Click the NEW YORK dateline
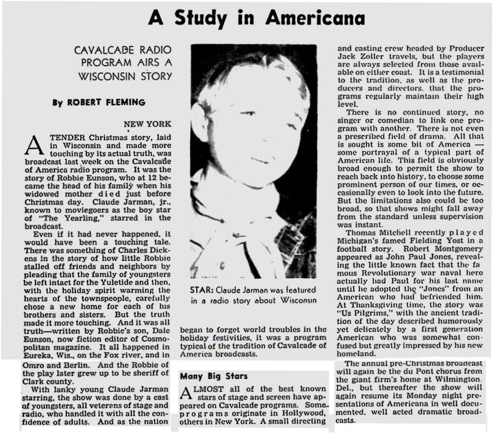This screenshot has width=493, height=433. (x=147, y=124)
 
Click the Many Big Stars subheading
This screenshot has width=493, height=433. (x=214, y=376)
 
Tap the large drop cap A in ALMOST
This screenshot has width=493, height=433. (x=186, y=393)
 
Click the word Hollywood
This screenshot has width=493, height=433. (x=305, y=412)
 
